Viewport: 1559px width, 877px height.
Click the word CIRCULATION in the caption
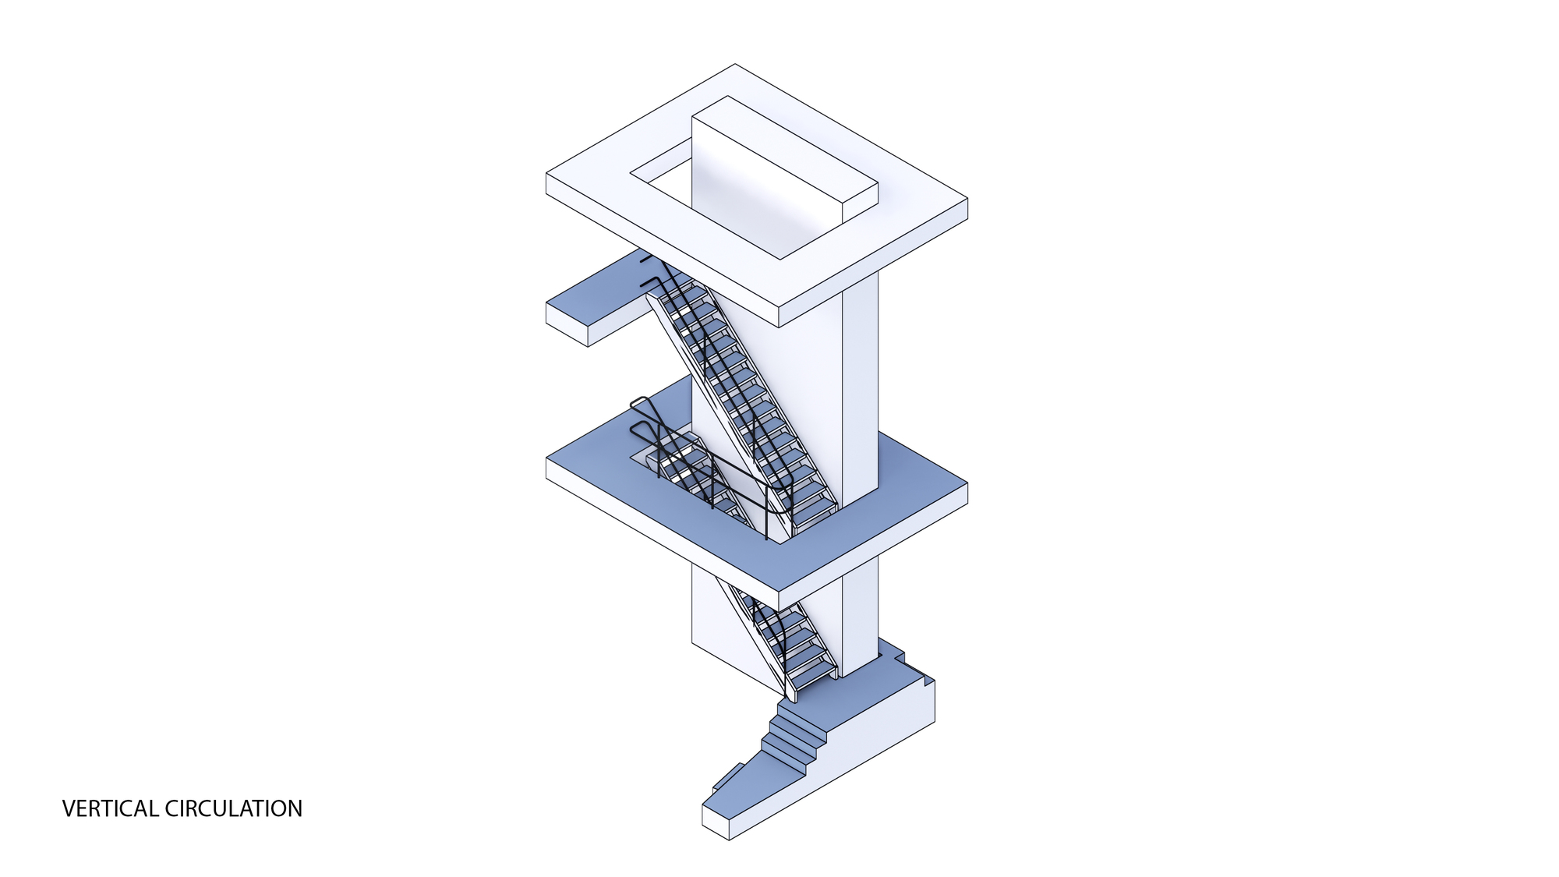234,809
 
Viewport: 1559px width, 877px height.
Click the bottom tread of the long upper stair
815,511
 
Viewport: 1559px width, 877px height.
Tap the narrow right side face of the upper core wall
861,390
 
